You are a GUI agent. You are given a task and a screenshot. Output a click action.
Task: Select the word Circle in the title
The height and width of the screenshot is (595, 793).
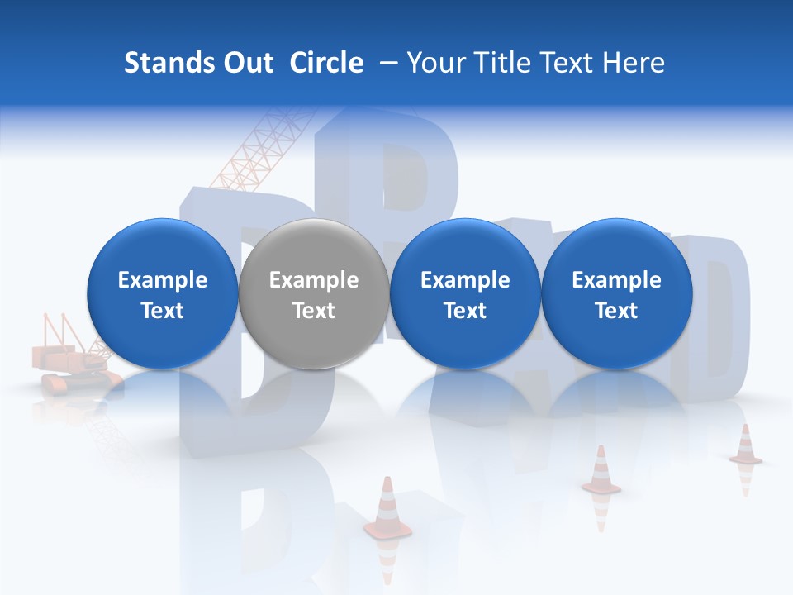pos(326,63)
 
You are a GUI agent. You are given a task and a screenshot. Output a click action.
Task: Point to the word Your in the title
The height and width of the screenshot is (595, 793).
pos(435,63)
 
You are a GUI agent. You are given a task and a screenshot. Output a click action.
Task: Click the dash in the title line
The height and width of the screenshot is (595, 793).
pos(385,63)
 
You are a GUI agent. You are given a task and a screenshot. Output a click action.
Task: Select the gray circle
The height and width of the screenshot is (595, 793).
pos(314,294)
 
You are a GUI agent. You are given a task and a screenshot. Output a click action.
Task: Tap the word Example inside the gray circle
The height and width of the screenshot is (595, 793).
pos(314,280)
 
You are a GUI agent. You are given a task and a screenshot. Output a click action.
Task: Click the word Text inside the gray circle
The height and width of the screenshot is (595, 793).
pos(314,311)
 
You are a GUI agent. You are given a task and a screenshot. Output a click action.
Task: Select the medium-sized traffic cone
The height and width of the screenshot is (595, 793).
pos(601,471)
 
